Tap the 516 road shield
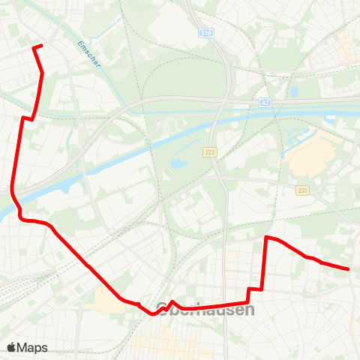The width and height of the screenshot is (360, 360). pos(206,33)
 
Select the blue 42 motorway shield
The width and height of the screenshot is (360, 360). pos(265,101)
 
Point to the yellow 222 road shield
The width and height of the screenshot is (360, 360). pos(209,152)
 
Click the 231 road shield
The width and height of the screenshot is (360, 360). pos(302,190)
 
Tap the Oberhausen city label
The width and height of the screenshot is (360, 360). pos(205,309)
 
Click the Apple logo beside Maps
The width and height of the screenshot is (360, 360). pos(12,347)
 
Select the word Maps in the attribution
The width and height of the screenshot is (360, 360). pos(32,347)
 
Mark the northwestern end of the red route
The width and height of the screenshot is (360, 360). pos(34,47)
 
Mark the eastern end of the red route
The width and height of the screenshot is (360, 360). pos(349,268)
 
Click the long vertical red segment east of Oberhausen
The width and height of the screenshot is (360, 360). pos(265,262)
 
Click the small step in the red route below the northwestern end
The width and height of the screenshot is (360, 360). pos(28,118)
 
